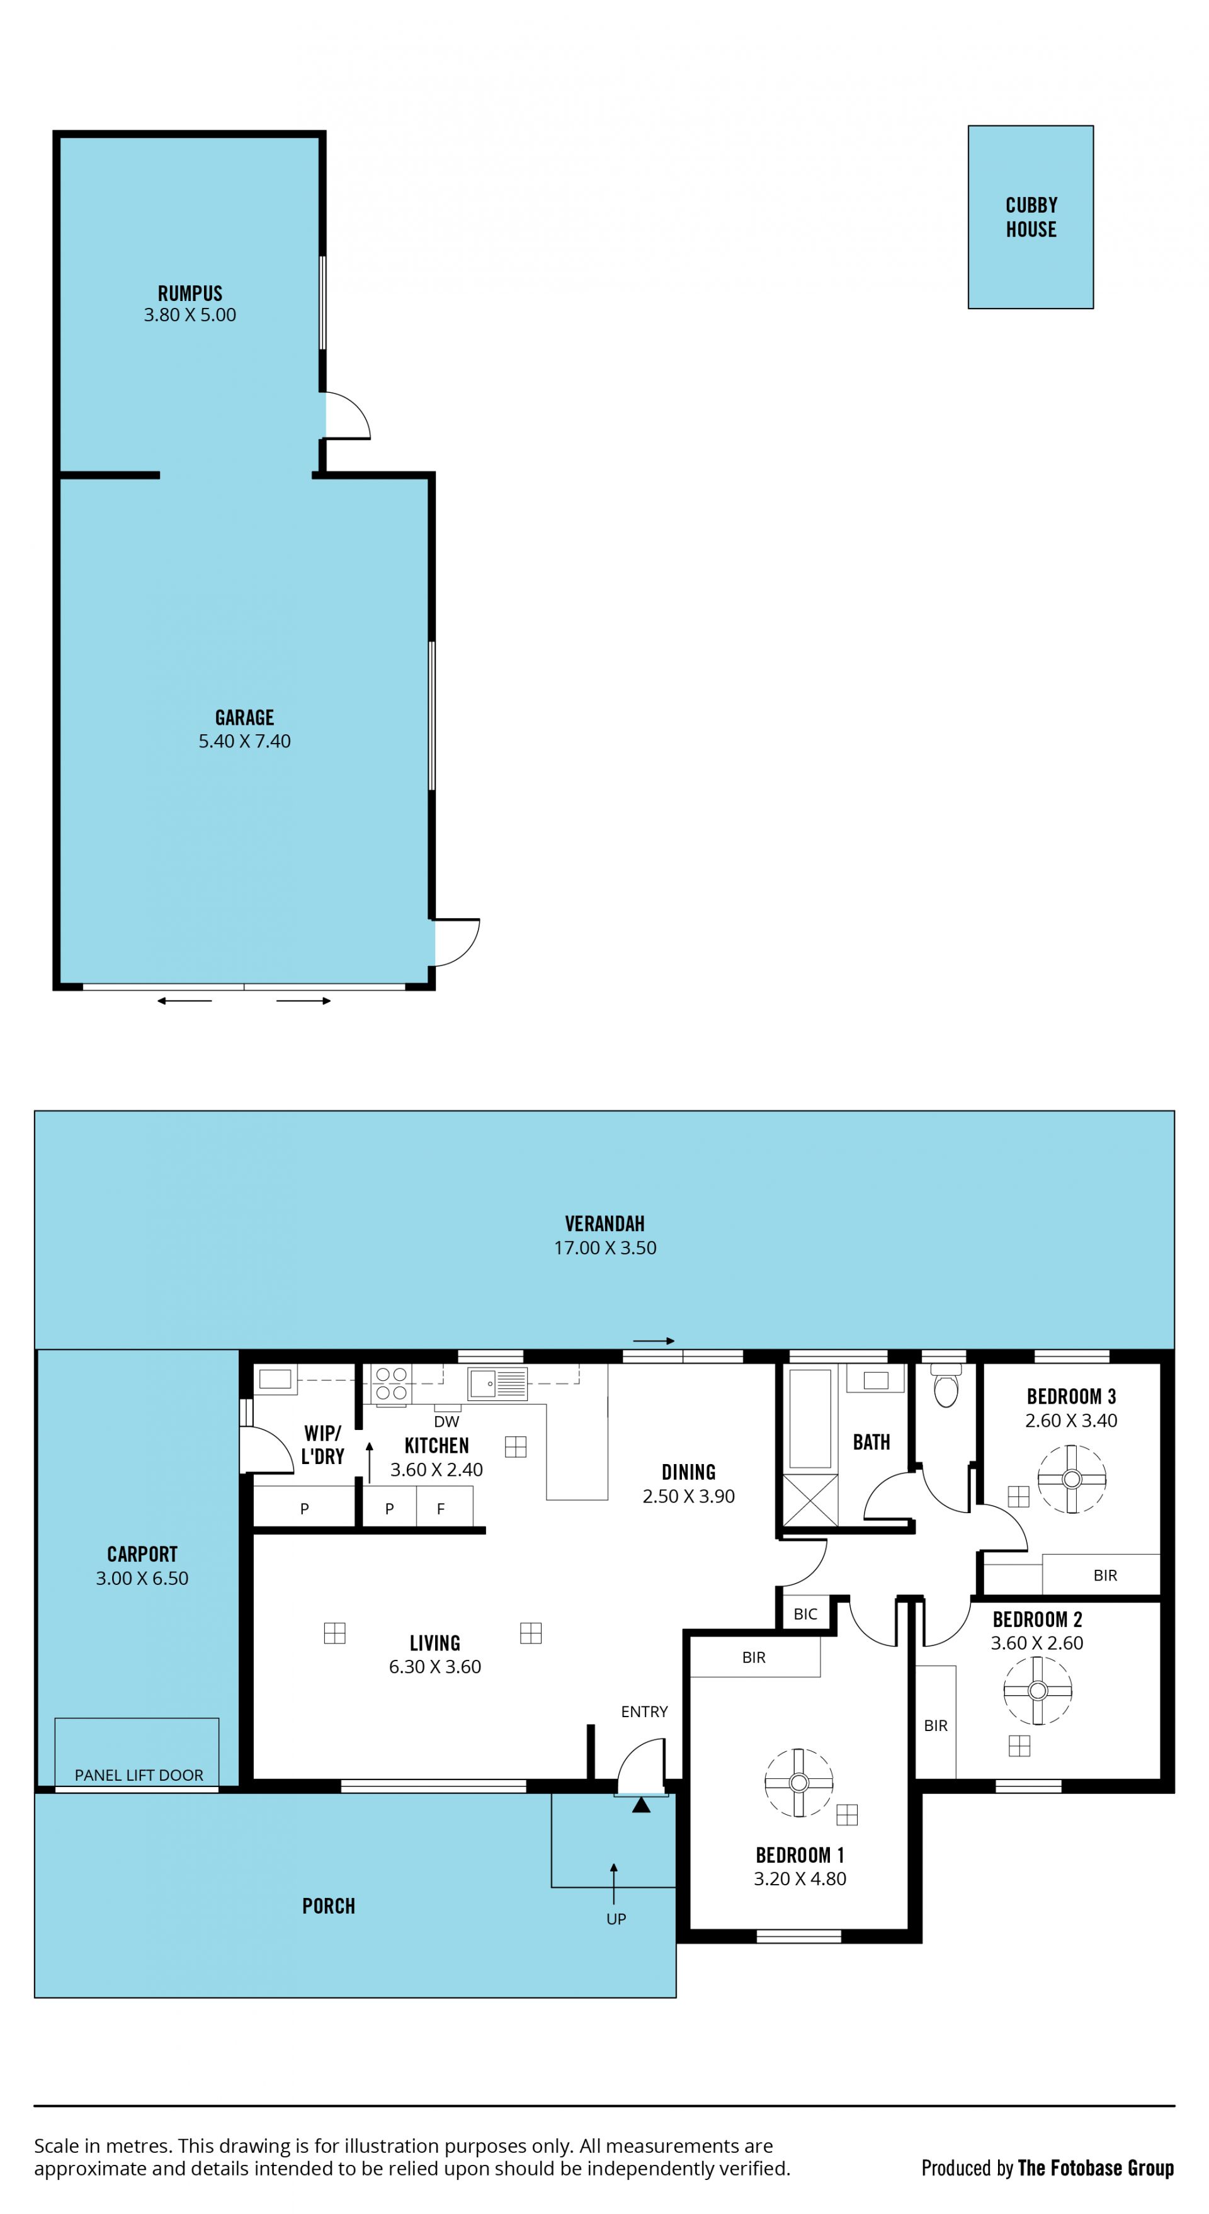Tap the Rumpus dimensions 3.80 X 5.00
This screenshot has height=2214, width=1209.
(x=190, y=315)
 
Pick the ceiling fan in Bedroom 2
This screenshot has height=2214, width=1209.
(x=1037, y=1689)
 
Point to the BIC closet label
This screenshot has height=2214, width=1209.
(x=805, y=1614)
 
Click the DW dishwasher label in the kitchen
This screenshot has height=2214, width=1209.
(x=447, y=1422)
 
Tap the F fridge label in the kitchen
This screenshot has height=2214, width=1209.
(x=441, y=1508)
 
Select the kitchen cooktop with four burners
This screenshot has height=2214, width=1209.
(x=391, y=1385)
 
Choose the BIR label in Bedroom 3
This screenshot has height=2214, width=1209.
(x=1105, y=1575)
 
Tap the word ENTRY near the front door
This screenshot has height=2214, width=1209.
(x=644, y=1712)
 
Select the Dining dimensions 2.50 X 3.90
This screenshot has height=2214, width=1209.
(x=688, y=1496)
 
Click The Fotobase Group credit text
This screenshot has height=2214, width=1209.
(x=1096, y=2169)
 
